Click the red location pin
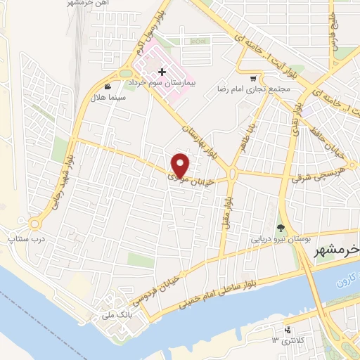(x=181, y=165)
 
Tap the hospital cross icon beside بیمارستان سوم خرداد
(x=162, y=72)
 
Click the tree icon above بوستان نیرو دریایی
(x=281, y=227)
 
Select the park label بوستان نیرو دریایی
(x=281, y=238)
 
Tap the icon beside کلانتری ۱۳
(x=287, y=330)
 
